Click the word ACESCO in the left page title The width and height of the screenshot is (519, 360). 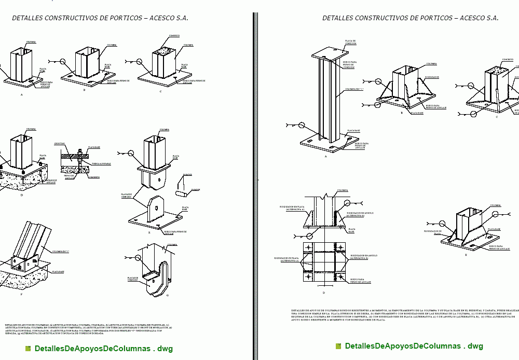point(161,18)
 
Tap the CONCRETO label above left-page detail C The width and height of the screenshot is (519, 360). point(174,36)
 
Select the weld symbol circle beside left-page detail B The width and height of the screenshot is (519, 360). point(63,62)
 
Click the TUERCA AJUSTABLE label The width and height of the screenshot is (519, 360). point(101,163)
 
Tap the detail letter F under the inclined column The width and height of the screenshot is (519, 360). point(21,294)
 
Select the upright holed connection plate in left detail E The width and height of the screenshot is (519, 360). point(155,207)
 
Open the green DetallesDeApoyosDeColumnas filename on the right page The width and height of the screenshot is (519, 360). point(413,346)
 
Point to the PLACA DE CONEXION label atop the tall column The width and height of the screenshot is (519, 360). point(350,42)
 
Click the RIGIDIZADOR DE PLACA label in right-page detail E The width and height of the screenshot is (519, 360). point(432,232)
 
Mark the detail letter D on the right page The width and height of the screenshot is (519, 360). point(323,293)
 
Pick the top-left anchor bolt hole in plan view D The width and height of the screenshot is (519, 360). point(308,246)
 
